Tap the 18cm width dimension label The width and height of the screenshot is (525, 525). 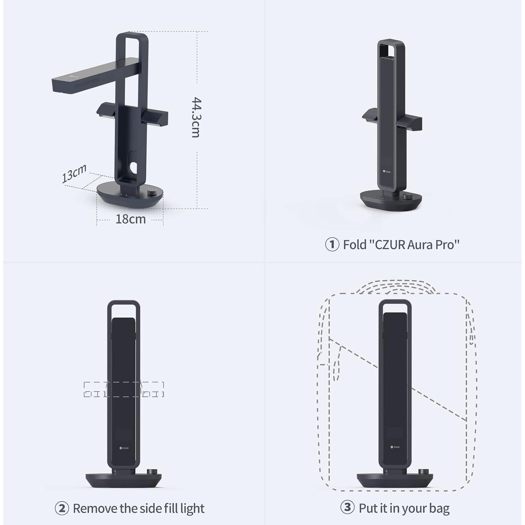pos(130,219)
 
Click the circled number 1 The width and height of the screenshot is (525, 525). pos(332,244)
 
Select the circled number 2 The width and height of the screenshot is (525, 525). pos(62,508)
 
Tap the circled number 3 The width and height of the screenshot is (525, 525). pos(347,507)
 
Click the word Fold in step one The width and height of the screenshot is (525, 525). pos(355,245)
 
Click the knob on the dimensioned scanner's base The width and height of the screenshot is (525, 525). pos(152,192)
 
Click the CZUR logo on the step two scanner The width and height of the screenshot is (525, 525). pos(124,448)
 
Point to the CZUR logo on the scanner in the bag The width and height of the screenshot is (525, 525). pos(395,447)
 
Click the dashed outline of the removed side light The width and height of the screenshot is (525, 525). pos(124,389)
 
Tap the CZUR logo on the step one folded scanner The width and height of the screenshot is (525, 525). pos(387,171)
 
